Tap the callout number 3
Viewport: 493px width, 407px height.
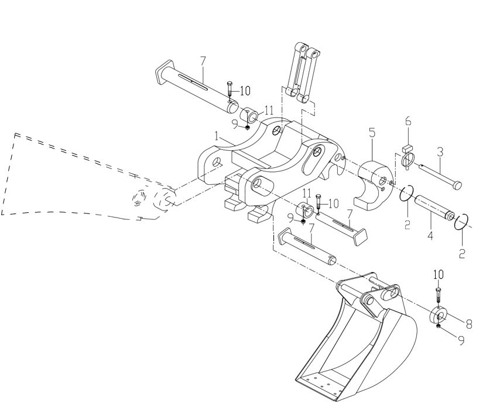(x=440, y=152)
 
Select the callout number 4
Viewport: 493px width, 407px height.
(x=430, y=235)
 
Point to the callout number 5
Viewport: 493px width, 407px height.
(x=372, y=133)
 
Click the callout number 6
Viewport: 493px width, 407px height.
(x=408, y=121)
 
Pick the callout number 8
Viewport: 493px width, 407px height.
(x=469, y=324)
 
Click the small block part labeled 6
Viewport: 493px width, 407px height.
(x=407, y=147)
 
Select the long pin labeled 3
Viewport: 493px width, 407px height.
(x=440, y=175)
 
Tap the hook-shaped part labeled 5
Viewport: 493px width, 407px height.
(x=374, y=185)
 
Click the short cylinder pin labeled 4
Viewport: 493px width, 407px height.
(x=434, y=207)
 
